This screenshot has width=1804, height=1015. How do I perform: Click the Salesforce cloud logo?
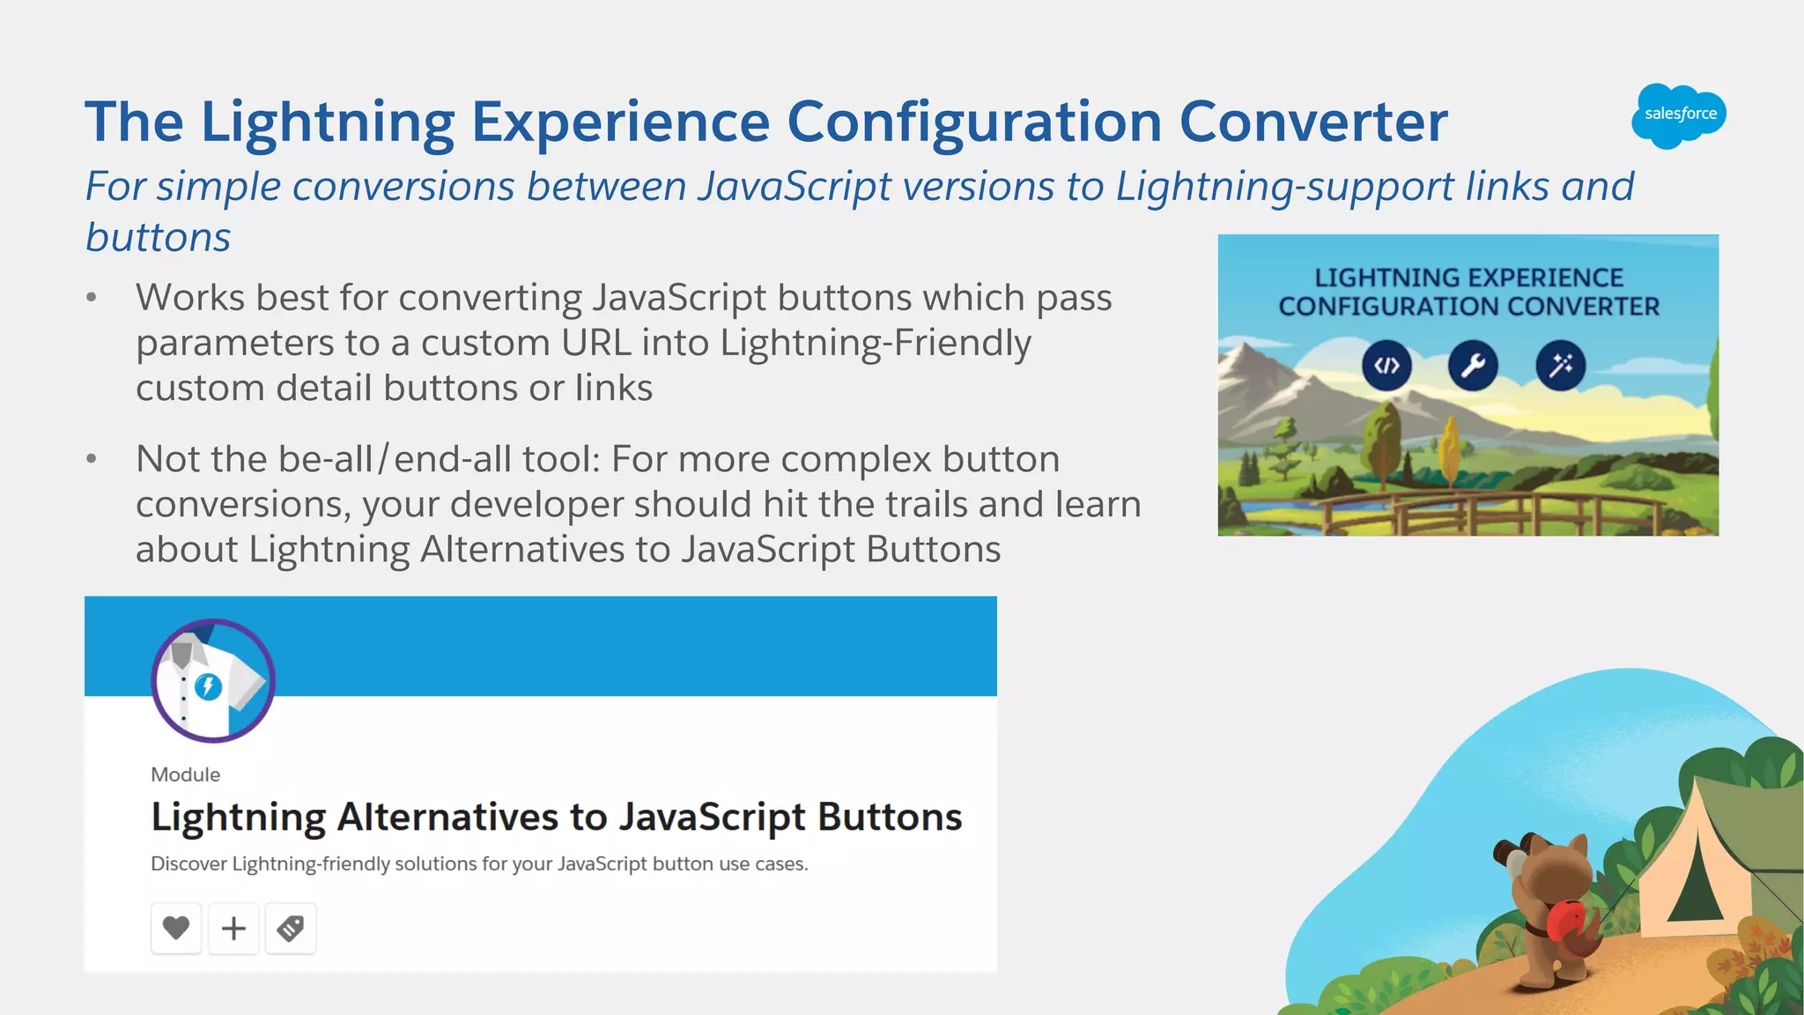1678,115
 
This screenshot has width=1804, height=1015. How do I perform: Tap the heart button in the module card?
176,928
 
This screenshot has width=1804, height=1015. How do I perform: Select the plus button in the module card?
233,928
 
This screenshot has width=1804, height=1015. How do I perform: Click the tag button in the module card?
291,928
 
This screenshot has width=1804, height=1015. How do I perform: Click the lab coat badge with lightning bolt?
212,680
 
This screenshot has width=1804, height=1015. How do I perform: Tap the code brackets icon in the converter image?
1386,366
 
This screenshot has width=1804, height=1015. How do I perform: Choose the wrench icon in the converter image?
1473,366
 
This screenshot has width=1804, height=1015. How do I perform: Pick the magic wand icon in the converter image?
1560,366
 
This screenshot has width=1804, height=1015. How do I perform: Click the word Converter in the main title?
1312,122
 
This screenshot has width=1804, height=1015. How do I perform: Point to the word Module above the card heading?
185,774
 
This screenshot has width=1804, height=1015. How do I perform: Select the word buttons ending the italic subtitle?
159,237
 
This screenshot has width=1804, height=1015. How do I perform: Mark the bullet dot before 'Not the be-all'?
92,459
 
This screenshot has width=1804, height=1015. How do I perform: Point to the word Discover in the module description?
189,863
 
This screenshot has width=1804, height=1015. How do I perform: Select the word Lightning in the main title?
328,122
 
